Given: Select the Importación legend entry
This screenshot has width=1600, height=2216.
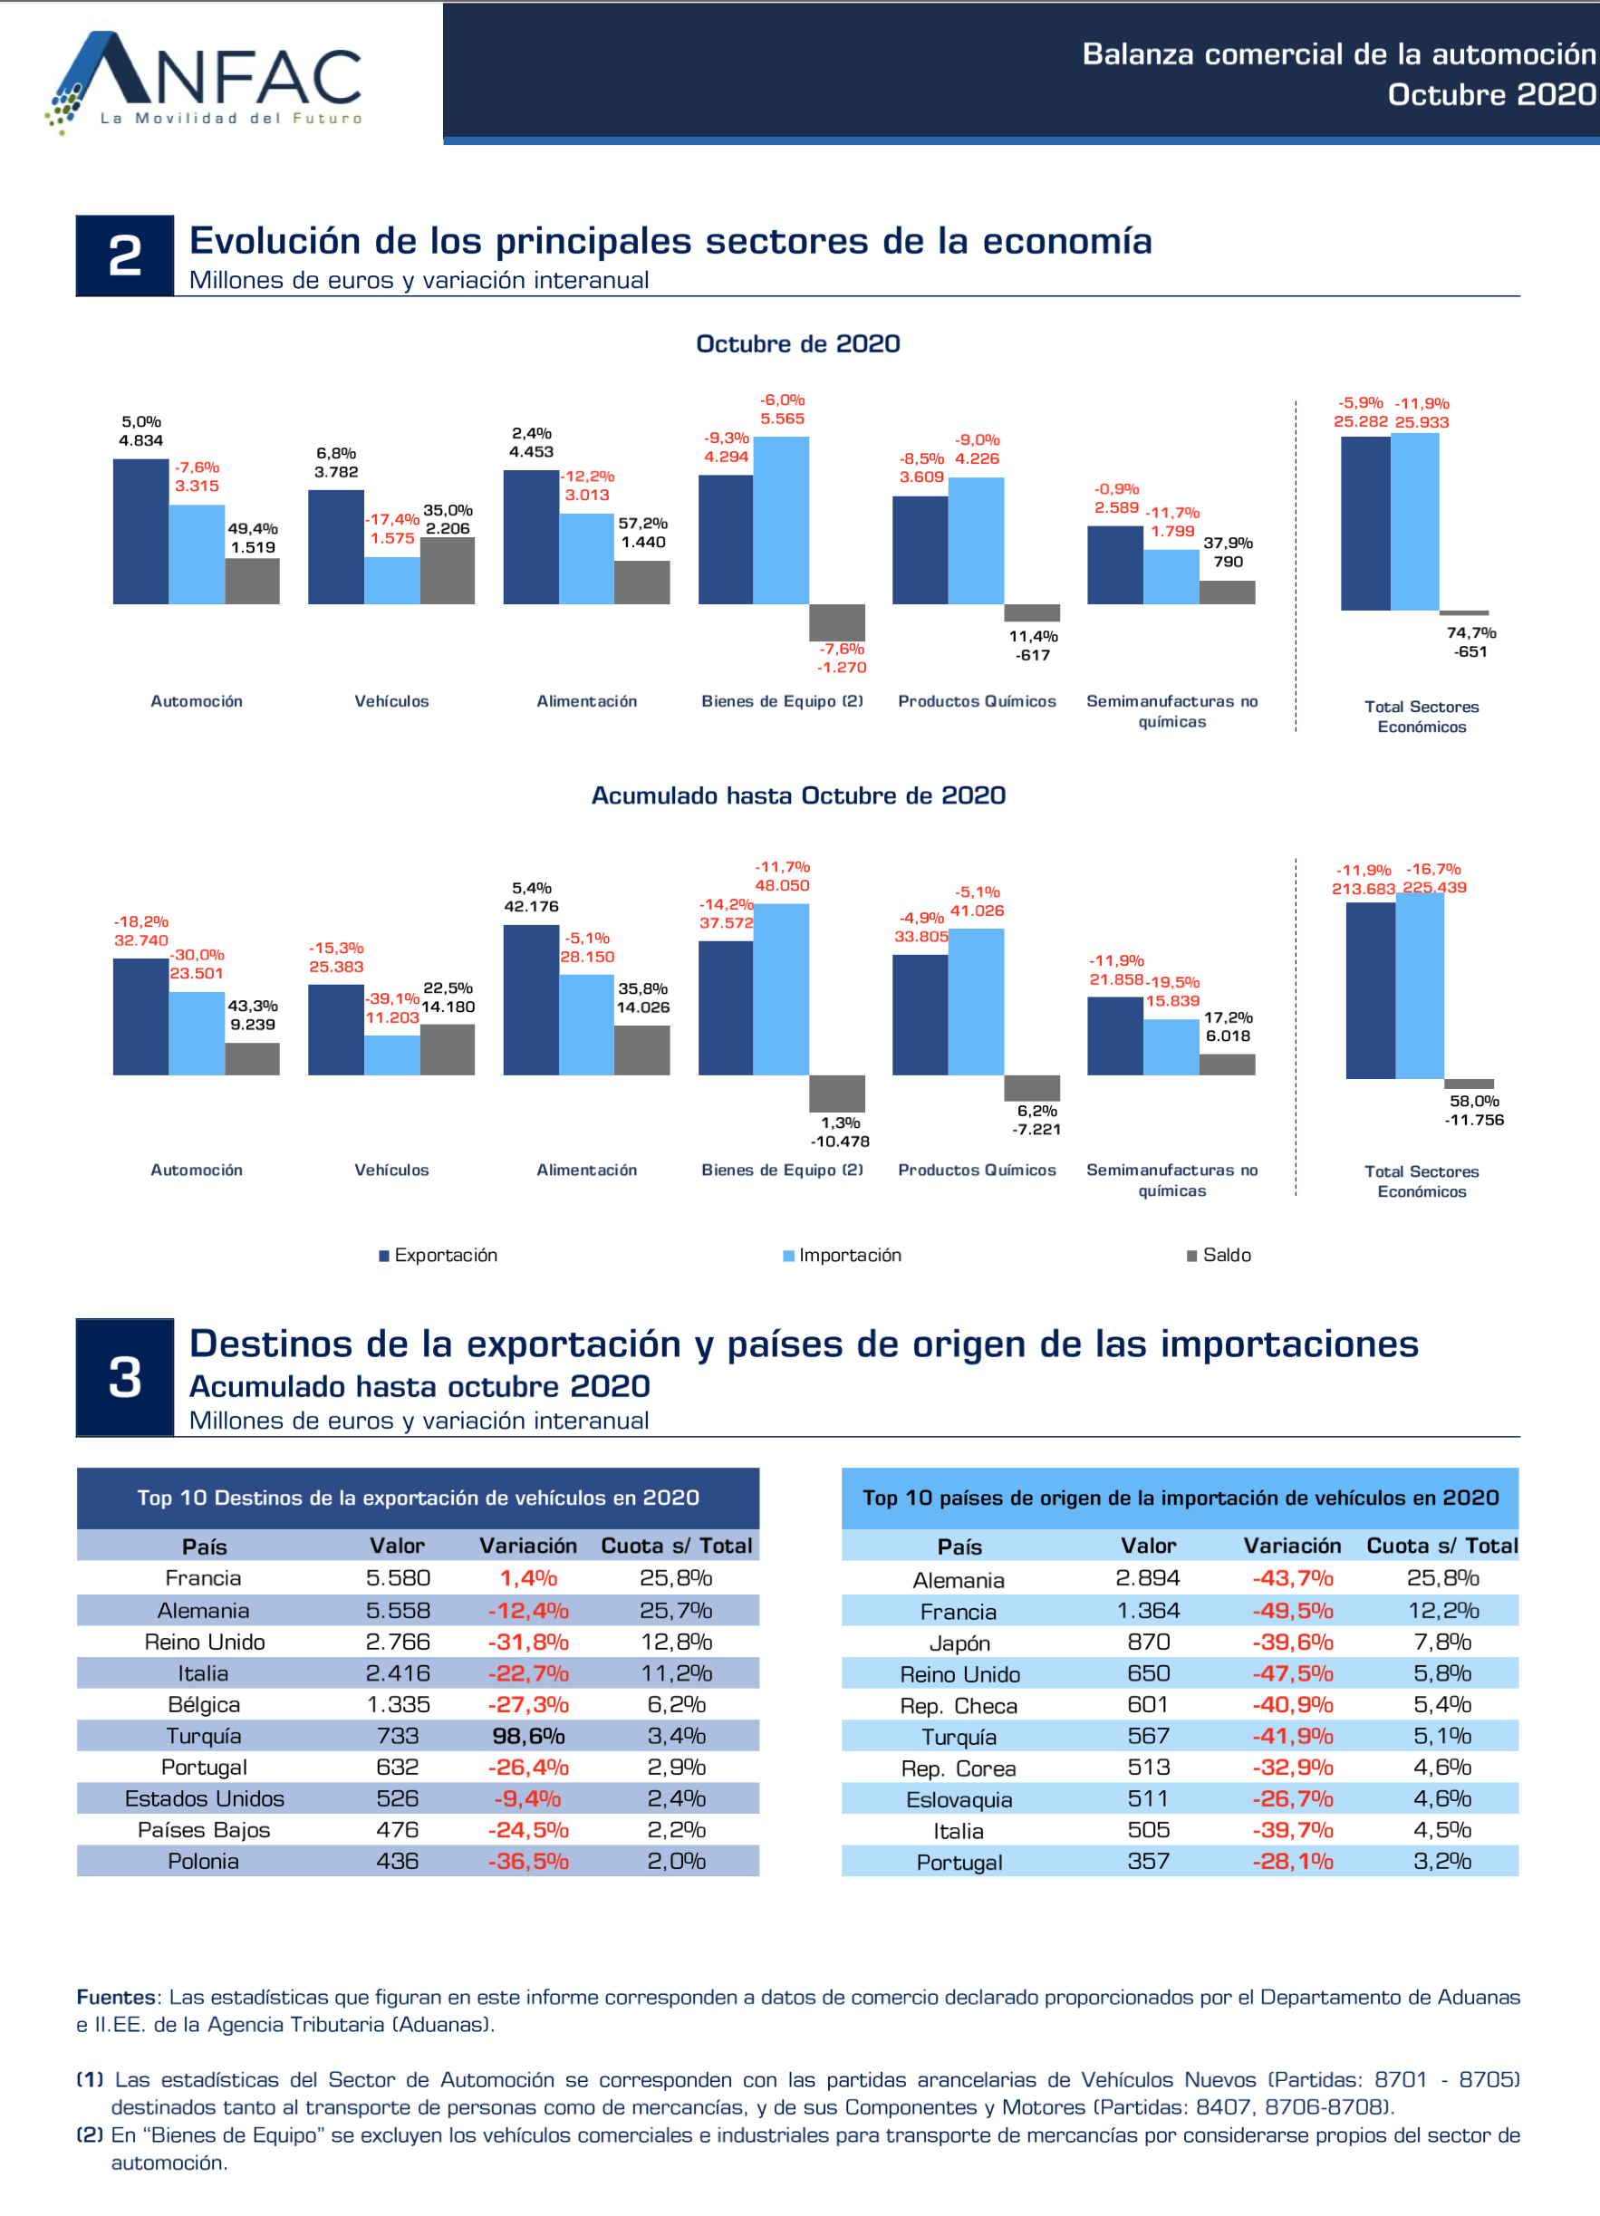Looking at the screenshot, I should (x=842, y=1256).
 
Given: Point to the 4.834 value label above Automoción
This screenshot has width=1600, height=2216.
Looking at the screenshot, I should (x=140, y=440).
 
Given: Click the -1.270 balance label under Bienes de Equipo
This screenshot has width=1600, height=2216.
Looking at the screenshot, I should (x=842, y=668).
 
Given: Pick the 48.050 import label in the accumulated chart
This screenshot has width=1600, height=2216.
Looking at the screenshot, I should (x=782, y=886).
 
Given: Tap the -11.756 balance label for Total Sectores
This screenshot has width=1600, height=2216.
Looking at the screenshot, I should (x=1474, y=1120).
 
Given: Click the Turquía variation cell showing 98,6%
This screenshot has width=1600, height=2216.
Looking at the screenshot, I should (x=528, y=1736).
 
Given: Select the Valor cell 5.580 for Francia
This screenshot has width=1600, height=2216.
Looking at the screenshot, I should (x=398, y=1578).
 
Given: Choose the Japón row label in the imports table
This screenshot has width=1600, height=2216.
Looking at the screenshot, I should (x=959, y=1643).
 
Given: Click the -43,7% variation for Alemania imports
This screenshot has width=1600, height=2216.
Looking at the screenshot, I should (x=1292, y=1578).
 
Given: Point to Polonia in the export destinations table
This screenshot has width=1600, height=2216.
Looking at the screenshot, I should (x=203, y=1862).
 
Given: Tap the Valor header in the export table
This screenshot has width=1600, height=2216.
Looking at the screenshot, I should (x=397, y=1546).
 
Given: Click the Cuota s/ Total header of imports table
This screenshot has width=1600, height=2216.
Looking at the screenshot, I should (x=1441, y=1546).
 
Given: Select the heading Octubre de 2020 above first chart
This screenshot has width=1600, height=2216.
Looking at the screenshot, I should (x=797, y=344).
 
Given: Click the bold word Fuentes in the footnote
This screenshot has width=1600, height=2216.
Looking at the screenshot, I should (x=115, y=1997).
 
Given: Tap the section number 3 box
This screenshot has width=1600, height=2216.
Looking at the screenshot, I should (x=125, y=1377).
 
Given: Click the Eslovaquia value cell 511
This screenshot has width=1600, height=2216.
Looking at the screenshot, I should (x=1149, y=1798).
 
